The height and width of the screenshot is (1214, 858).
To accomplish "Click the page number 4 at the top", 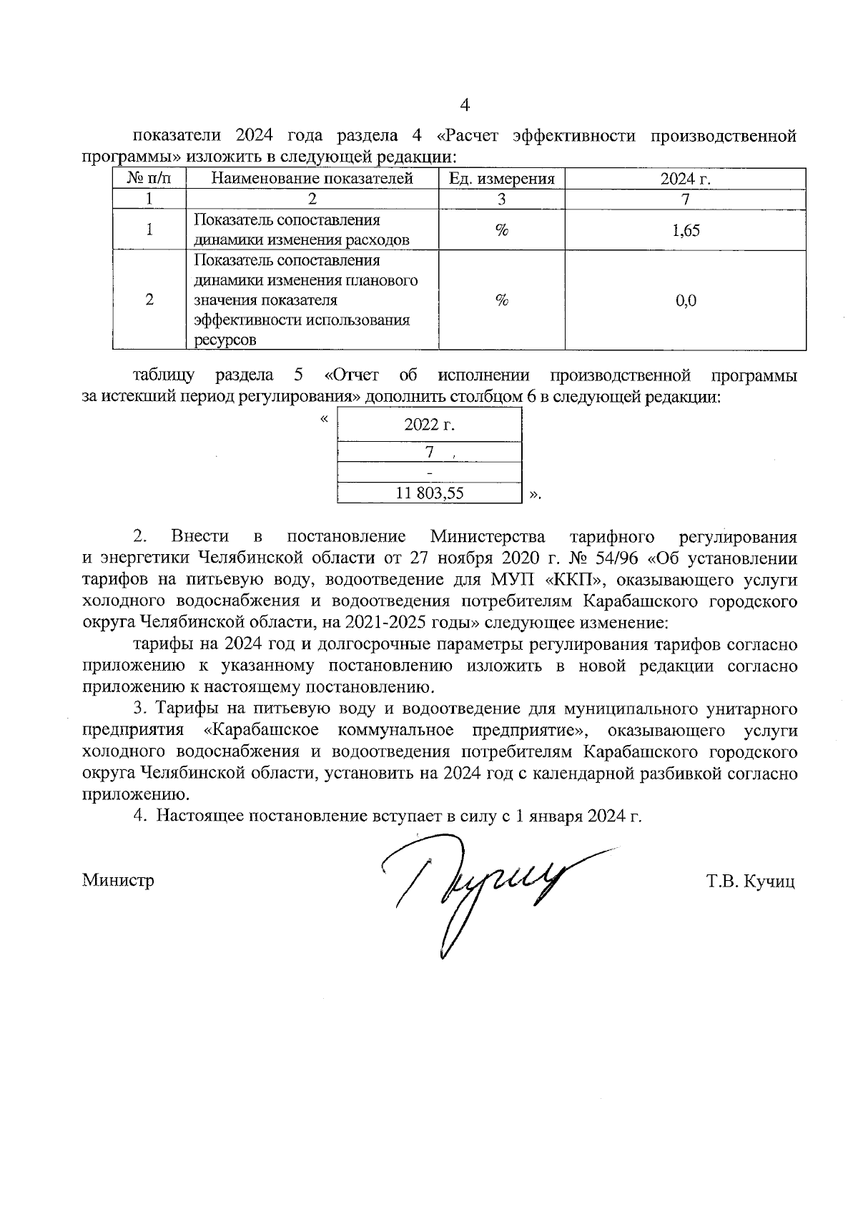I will pos(465,106).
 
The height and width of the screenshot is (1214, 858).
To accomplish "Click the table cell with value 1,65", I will pos(686,230).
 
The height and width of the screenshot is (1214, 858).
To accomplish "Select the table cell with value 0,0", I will pos(686,300).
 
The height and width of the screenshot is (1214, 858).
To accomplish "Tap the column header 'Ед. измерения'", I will pos(501,179).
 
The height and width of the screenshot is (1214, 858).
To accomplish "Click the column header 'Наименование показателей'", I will pos(312,179).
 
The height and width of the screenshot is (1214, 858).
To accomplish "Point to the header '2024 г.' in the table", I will pos(685,179).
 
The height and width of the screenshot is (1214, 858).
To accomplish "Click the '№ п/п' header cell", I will pos(149,179).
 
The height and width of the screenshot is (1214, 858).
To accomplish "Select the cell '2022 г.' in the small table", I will pos(429,425).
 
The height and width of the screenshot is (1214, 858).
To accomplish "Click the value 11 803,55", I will pos(430,493).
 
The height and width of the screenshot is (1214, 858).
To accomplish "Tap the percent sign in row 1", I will pos(501,230).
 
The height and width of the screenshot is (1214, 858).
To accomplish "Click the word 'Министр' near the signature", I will pos(118,880).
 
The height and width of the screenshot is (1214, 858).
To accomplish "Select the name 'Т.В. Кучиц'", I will pos(750,882).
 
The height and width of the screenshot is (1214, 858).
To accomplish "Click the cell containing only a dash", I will pos(429,473).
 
